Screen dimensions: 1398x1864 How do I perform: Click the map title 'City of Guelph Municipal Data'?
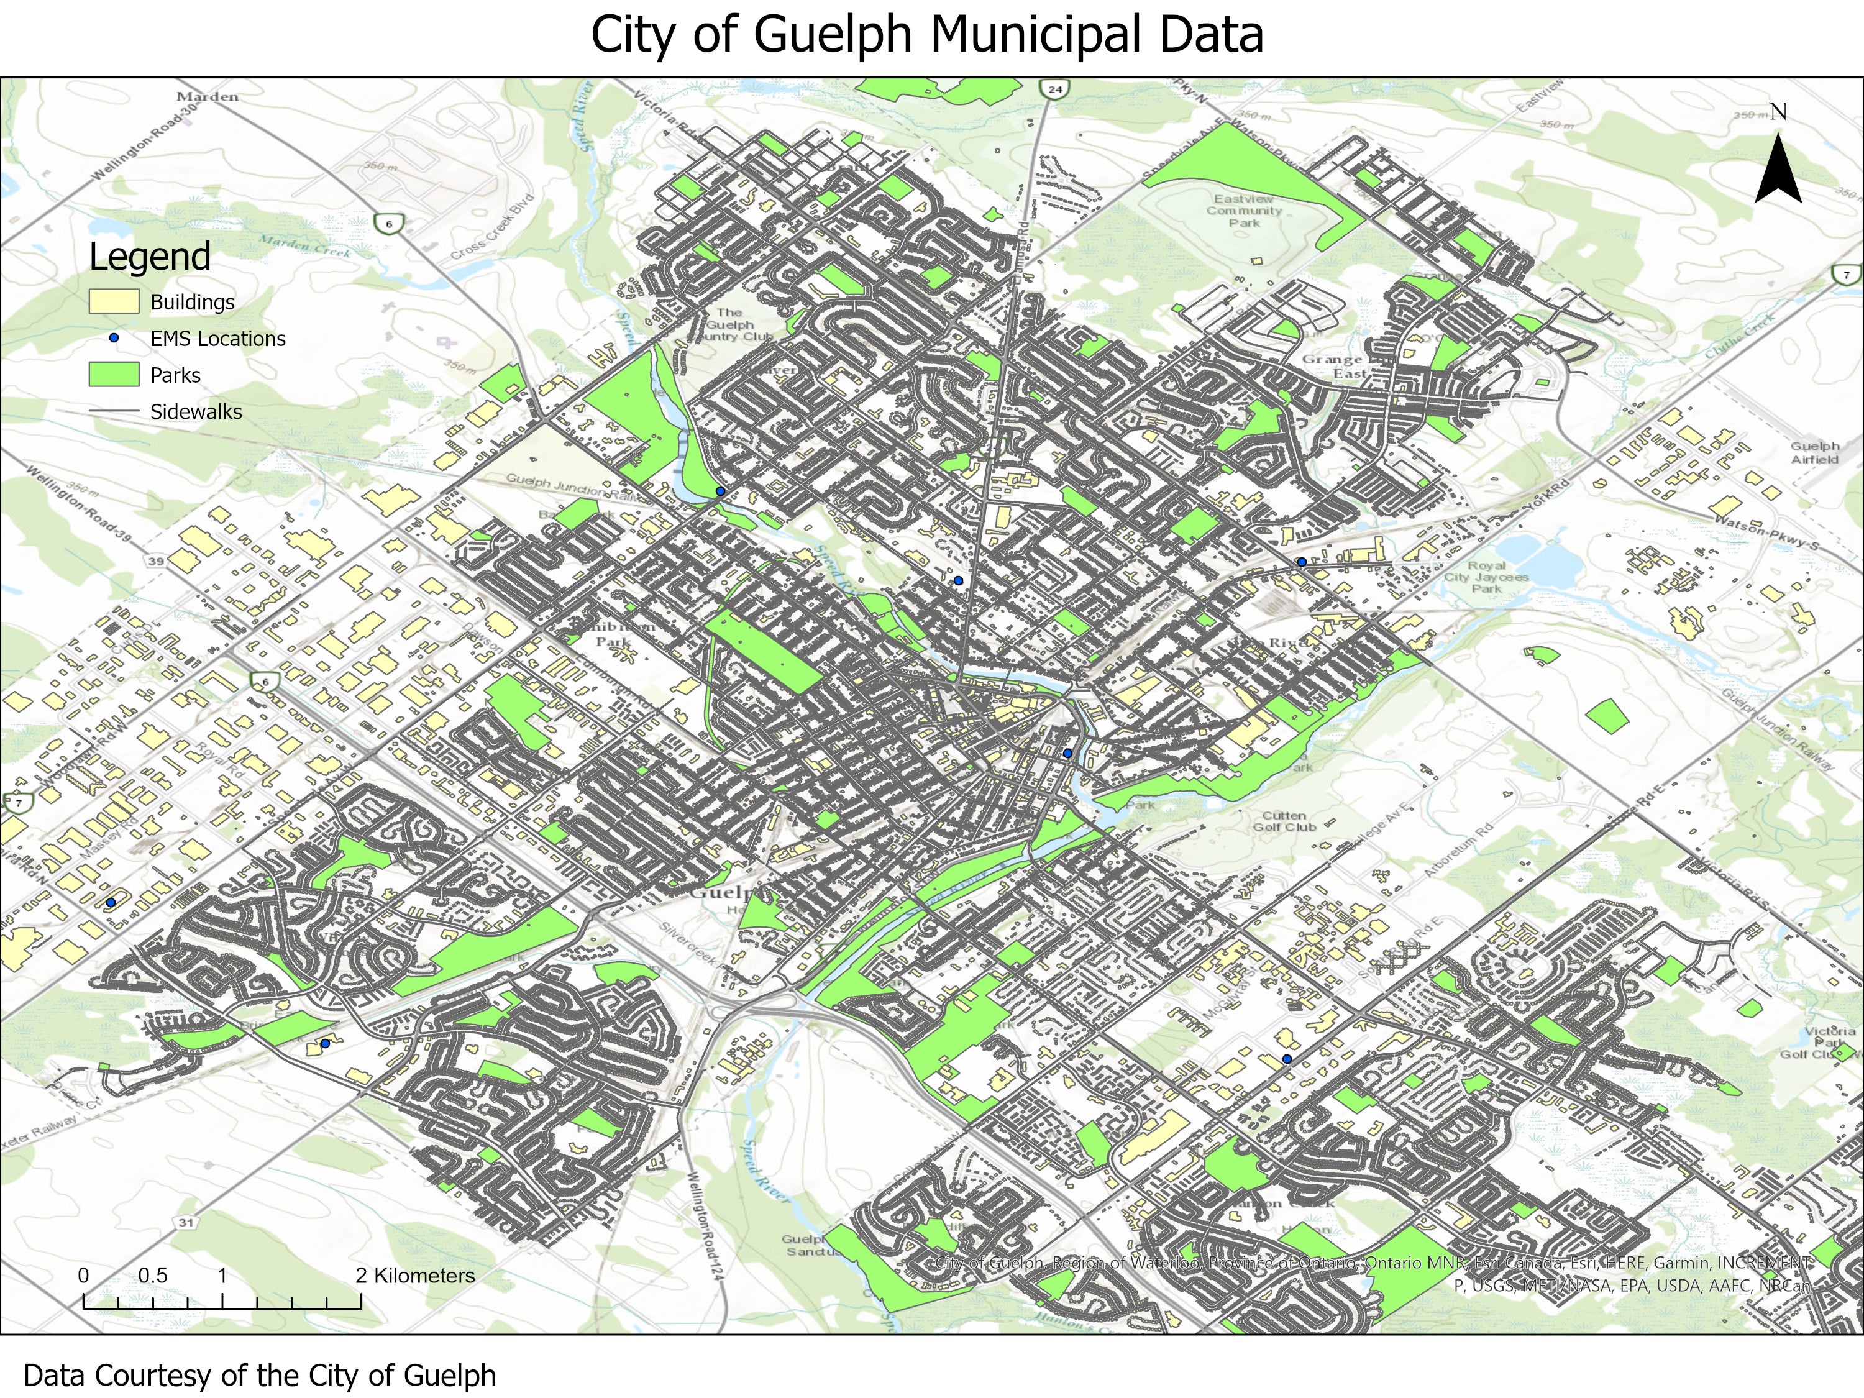click(927, 35)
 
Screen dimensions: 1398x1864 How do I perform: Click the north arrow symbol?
click(1778, 168)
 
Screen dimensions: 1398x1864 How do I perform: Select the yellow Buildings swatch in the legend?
click(114, 302)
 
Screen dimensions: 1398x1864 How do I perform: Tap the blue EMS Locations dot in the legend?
click(114, 338)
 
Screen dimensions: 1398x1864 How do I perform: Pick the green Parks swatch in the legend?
click(114, 375)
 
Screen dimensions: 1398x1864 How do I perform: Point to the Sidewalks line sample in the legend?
click(114, 411)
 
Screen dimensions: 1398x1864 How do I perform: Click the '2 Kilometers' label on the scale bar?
click(414, 1276)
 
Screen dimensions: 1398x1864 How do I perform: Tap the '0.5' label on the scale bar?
click(152, 1276)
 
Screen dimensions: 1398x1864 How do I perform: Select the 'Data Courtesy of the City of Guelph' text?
click(260, 1375)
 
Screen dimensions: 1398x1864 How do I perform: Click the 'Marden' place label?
click(208, 97)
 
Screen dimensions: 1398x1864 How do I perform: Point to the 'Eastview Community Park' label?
click(1244, 211)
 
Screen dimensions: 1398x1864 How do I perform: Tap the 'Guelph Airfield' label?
click(1814, 452)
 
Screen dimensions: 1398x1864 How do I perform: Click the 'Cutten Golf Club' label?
click(1284, 821)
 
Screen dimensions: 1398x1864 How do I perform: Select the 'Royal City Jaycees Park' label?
click(1486, 577)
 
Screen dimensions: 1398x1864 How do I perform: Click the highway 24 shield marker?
click(1055, 88)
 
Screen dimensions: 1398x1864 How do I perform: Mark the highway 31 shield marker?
click(186, 1223)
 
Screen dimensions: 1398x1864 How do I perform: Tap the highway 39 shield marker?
click(156, 561)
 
